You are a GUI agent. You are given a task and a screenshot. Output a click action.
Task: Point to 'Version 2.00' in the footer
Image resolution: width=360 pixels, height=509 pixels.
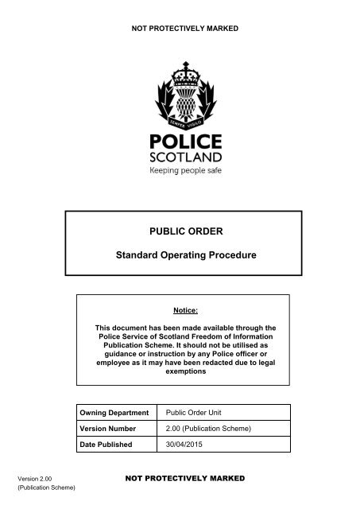point(33,479)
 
